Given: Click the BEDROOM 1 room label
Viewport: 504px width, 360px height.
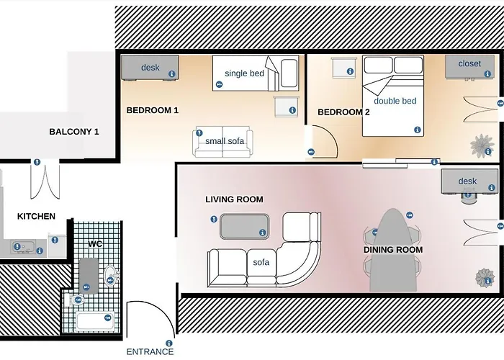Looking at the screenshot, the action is [x=153, y=110].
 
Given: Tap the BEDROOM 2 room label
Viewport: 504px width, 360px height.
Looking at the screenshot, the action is [x=343, y=112].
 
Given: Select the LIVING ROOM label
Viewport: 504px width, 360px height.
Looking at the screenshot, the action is [x=234, y=199].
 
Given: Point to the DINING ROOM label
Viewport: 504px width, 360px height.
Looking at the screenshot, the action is [x=393, y=250].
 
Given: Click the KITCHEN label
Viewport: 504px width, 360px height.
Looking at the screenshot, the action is [x=36, y=216].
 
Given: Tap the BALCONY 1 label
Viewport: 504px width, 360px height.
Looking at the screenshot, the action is [x=74, y=132].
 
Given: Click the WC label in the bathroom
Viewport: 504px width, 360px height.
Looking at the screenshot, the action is [x=95, y=244].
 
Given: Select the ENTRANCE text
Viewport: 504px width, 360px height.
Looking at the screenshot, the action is [x=150, y=351].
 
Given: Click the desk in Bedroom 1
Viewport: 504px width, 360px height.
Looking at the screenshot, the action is [x=150, y=68].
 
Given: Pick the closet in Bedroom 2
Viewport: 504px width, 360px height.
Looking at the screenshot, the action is [x=469, y=66].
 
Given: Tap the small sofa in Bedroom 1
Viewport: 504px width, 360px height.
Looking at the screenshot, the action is [x=223, y=142].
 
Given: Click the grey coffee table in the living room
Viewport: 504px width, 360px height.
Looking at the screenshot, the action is [x=245, y=226].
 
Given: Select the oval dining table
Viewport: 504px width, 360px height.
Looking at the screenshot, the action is [x=393, y=250].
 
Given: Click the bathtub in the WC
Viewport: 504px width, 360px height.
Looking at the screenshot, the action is [x=95, y=321].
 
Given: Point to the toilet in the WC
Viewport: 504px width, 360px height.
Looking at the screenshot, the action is [x=75, y=300].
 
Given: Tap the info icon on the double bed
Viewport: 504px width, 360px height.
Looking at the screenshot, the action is [x=418, y=130].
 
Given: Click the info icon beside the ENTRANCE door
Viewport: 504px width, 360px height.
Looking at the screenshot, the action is [x=168, y=343].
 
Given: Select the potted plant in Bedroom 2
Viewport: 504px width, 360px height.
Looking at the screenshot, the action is [x=482, y=145].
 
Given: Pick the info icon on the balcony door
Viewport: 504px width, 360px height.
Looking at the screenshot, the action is [x=37, y=162].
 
